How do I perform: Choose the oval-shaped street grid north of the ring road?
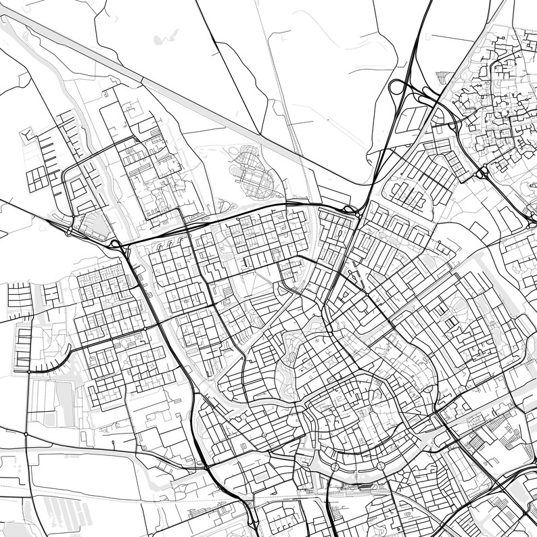252,172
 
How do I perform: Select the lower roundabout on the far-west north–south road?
26,434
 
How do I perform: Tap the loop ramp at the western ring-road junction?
116,244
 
